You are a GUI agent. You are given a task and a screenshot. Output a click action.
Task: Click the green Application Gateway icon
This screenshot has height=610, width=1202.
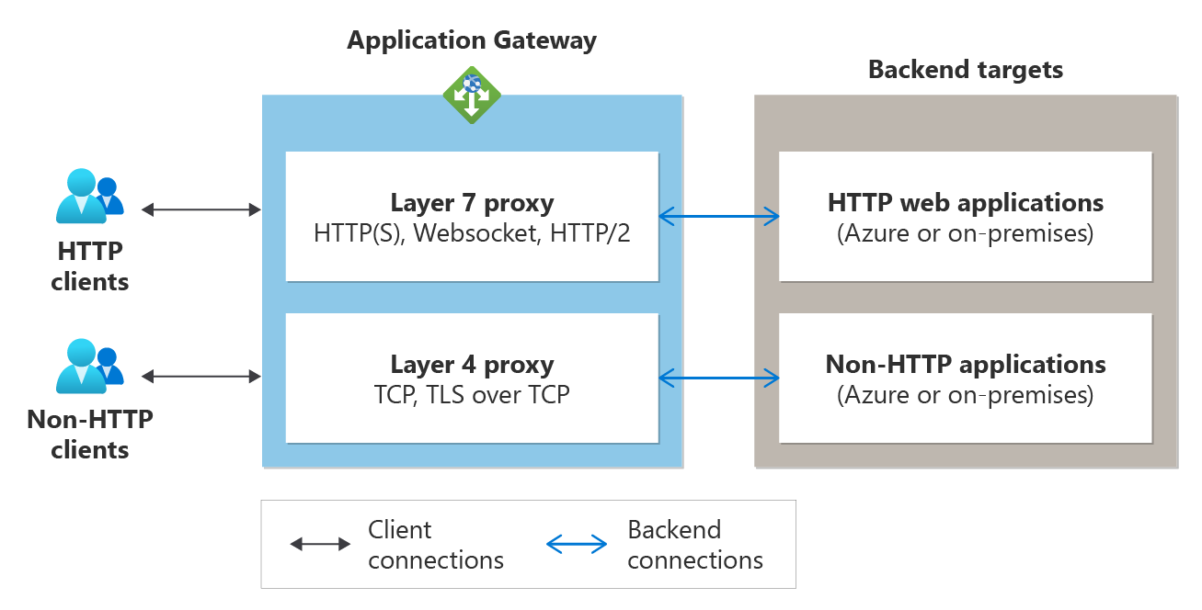pos(472,95)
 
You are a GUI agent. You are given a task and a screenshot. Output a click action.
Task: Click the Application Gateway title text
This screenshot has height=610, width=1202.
pos(472,40)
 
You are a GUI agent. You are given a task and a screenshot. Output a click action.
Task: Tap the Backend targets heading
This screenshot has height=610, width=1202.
pos(966,70)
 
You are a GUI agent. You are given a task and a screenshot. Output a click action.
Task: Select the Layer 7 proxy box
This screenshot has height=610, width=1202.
pos(472,216)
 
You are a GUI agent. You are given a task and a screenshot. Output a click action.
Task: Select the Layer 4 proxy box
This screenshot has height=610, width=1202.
pos(472,378)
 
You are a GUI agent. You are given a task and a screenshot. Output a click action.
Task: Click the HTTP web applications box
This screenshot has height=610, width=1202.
pos(966,216)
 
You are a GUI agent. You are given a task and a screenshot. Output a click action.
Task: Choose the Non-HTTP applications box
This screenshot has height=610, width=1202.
pos(966,378)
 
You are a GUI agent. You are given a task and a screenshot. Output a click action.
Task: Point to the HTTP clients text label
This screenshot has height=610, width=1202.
pos(89,266)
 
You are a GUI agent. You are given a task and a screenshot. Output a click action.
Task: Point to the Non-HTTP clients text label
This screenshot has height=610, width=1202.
pos(89,435)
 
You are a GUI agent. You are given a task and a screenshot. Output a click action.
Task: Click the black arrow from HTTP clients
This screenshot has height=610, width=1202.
pos(202,210)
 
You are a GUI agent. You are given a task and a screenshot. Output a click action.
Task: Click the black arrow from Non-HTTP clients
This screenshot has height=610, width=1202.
pos(202,376)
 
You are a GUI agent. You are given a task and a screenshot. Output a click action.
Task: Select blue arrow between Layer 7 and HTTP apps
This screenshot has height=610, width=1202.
pos(720,217)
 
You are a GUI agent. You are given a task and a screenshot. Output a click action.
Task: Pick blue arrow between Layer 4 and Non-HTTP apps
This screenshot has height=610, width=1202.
pos(720,377)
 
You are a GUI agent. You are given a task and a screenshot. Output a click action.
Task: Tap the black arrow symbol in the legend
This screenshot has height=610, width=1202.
pos(320,544)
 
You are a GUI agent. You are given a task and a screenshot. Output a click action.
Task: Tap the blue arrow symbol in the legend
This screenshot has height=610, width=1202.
pos(577,544)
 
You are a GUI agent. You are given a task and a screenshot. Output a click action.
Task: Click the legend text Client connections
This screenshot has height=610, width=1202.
pos(436,545)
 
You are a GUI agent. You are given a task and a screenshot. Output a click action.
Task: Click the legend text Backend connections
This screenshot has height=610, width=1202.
pos(695,545)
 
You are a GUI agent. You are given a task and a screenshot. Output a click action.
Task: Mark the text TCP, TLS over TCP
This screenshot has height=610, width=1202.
pos(472,394)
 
